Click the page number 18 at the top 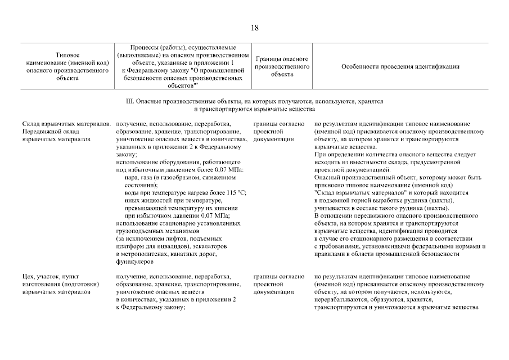tap(255, 28)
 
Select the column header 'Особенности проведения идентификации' tap(400, 66)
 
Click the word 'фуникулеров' tap(131, 262)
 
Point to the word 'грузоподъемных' tap(139, 231)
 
